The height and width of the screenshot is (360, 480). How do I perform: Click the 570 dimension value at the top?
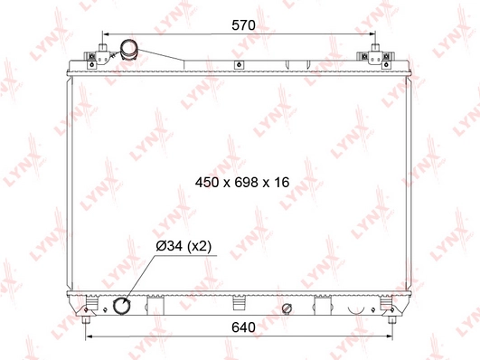pos(243,25)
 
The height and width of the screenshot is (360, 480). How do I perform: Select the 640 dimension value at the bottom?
pos(243,327)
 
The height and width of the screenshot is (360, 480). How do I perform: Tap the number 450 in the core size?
pos(207,183)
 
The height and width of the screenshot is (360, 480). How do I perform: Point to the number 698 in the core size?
pos(247,183)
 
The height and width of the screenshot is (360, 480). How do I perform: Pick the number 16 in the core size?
pos(282,183)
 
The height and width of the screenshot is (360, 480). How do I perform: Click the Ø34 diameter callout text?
pos(169,246)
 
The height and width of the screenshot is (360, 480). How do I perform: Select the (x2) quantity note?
pos(199,246)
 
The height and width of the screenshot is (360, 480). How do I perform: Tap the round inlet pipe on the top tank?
pos(129,49)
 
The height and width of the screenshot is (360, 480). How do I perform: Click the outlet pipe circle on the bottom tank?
pos(122,306)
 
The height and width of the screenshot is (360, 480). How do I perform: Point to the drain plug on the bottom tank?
pos(287,308)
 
